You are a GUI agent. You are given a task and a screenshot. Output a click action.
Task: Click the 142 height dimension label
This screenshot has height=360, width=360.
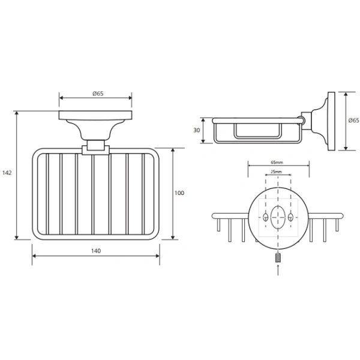tap(7, 173)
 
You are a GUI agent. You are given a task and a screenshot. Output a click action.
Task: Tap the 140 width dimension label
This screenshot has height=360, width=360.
tap(96, 251)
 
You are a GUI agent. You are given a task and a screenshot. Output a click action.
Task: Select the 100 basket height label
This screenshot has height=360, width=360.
tap(179, 193)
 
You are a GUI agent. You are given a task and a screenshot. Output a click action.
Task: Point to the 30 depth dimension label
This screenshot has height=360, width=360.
tap(197, 130)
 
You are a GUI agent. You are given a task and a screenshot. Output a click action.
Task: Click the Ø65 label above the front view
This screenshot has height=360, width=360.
tap(98, 94)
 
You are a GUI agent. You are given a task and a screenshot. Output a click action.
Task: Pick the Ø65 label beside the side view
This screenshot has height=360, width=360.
tap(353, 121)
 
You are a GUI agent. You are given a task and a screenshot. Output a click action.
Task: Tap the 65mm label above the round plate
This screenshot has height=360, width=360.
tap(277, 163)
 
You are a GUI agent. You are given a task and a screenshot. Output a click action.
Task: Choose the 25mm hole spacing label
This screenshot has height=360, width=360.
tap(276, 172)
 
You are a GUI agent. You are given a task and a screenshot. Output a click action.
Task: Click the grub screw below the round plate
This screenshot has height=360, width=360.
tap(278, 257)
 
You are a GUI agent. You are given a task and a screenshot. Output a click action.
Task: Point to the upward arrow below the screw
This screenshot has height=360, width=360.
tap(278, 270)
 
